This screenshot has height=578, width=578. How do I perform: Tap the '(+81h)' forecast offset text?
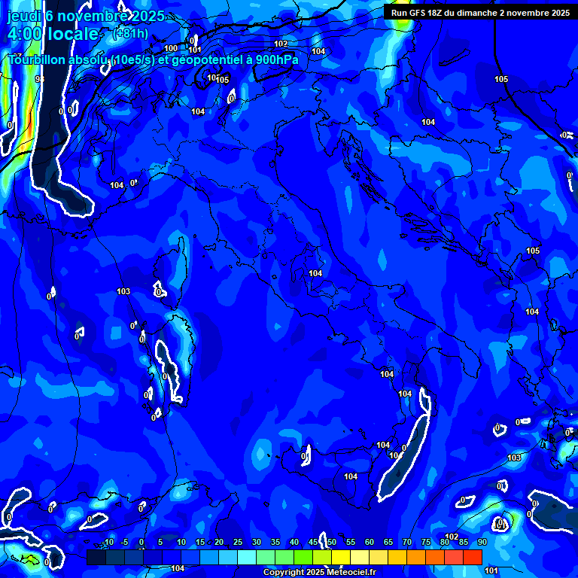pyautogui.click(x=130, y=34)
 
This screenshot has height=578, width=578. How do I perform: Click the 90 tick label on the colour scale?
pyautogui.click(x=482, y=542)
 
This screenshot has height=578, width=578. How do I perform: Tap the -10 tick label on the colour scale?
pyautogui.click(x=108, y=542)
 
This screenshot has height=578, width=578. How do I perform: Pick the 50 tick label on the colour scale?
pyautogui.click(x=332, y=542)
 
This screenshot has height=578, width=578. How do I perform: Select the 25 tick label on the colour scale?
pyautogui.click(x=238, y=542)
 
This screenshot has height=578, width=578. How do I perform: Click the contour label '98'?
pyautogui.click(x=40, y=79)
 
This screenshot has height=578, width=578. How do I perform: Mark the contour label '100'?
pyautogui.click(x=171, y=48)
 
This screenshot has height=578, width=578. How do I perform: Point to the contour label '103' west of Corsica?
pyautogui.click(x=123, y=291)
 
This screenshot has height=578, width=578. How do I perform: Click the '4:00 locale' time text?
pyautogui.click(x=53, y=34)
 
